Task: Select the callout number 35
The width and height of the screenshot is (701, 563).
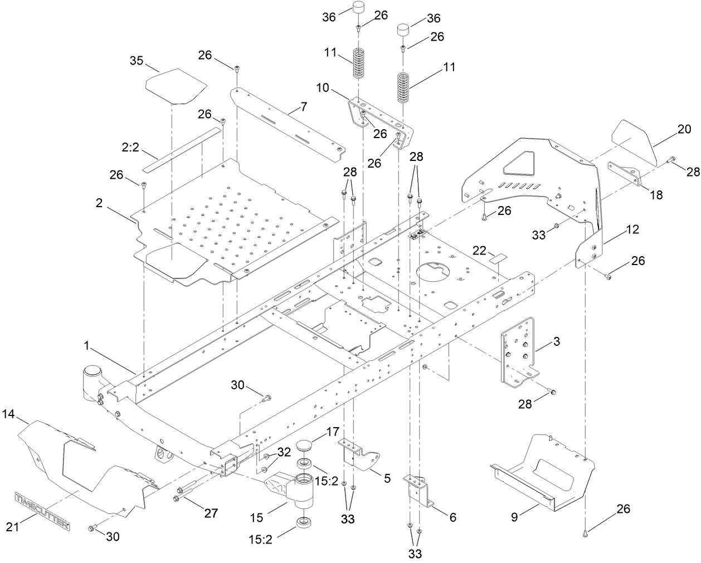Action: click(x=137, y=60)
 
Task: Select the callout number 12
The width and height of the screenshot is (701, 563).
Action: click(x=632, y=229)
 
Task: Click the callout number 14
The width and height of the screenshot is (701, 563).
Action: click(x=8, y=414)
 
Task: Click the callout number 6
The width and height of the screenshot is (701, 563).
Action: click(x=452, y=517)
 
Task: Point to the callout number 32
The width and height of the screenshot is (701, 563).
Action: click(x=284, y=452)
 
